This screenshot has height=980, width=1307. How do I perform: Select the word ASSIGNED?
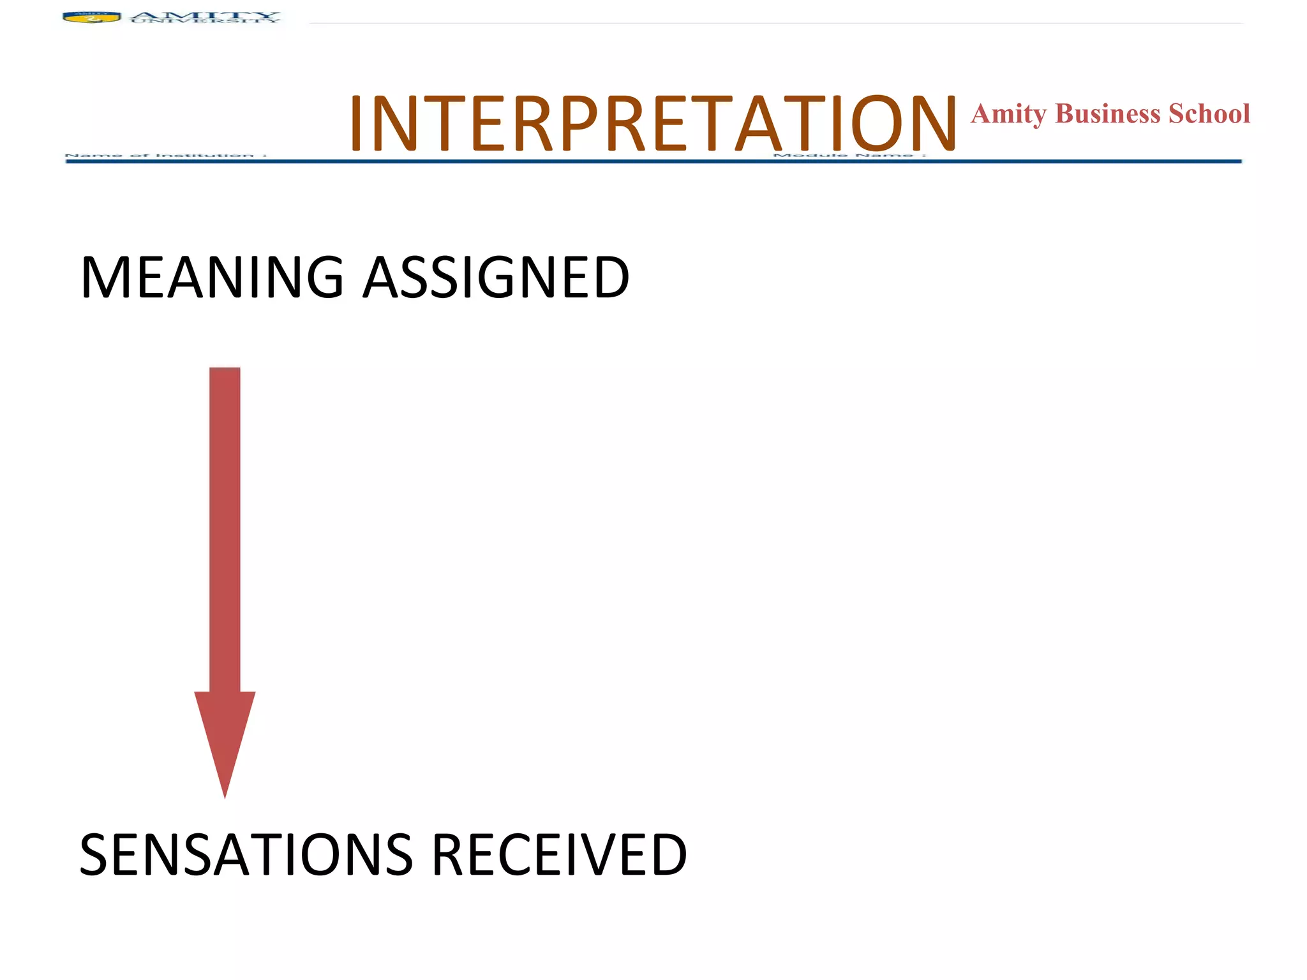[x=497, y=278]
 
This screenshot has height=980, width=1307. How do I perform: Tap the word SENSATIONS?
[x=246, y=855]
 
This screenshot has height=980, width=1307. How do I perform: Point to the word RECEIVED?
[x=560, y=855]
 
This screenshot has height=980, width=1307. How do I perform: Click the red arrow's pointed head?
[x=225, y=740]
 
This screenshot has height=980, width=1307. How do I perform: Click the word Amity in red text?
[x=1008, y=114]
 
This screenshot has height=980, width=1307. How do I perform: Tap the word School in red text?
[x=1209, y=114]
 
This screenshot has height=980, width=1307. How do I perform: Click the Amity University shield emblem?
[x=92, y=17]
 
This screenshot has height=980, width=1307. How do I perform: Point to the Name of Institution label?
[x=166, y=155]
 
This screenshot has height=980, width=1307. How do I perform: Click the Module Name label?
[x=849, y=155]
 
